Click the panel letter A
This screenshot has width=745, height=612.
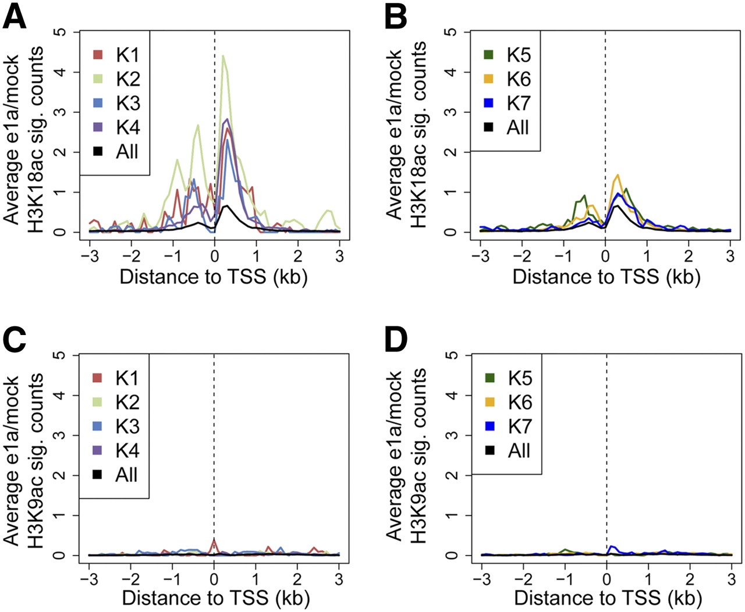pos(15,17)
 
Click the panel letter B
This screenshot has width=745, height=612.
pos(396,17)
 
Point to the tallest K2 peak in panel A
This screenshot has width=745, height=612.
pos(223,56)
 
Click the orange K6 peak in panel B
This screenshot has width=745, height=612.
pos(618,175)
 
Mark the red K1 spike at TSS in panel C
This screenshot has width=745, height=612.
pos(214,541)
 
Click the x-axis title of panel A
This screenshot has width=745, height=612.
pos(213,276)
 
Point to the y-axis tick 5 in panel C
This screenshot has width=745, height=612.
pos(61,355)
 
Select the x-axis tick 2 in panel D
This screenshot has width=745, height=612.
pos(690,579)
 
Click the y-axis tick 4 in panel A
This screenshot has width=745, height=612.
pos(61,72)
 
